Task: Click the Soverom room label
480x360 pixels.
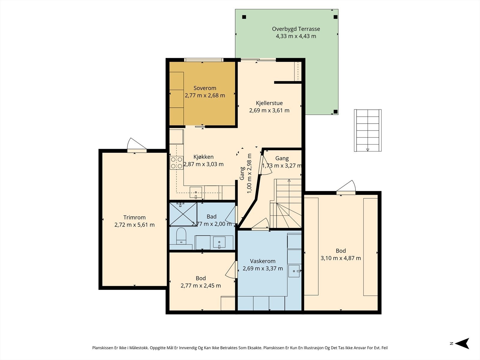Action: tap(205, 88)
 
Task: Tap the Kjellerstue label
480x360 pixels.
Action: tap(269, 103)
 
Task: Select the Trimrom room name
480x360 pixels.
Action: tap(134, 217)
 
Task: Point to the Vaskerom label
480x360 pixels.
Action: tap(262, 261)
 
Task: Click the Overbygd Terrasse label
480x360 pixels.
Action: tap(296, 29)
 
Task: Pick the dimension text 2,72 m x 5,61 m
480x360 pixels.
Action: tap(134, 225)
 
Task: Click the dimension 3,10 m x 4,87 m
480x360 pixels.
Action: tap(341, 258)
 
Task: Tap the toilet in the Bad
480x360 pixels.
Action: tap(181, 236)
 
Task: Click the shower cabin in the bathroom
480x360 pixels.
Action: tap(183, 214)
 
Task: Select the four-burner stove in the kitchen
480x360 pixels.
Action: tap(176, 163)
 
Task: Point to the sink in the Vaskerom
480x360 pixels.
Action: tap(294, 271)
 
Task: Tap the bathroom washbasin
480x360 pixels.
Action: tap(219, 242)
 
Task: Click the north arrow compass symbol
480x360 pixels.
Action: tap(462, 343)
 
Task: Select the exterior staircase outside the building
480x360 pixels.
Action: tap(367, 130)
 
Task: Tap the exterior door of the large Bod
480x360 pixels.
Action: tap(346, 187)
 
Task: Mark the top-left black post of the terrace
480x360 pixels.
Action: tap(244, 17)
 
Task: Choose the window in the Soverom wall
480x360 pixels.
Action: tap(204, 60)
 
